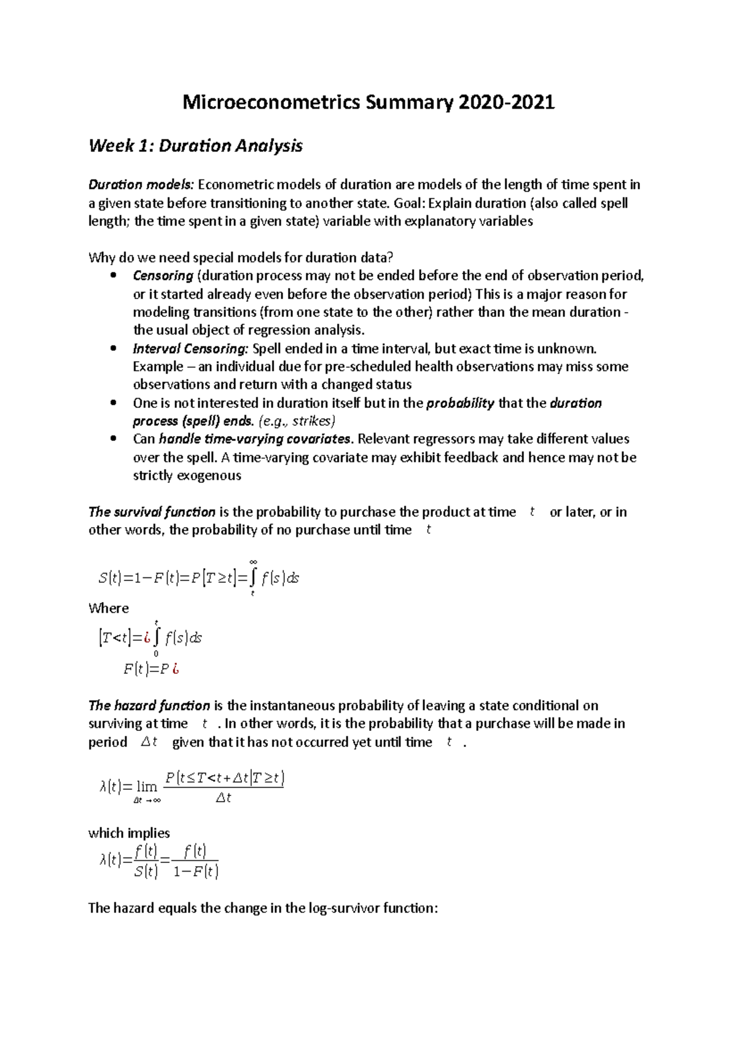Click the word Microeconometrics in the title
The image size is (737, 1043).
point(271,102)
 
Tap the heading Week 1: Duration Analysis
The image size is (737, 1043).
point(195,146)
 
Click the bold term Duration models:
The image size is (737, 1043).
point(141,185)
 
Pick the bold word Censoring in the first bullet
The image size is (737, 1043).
point(163,276)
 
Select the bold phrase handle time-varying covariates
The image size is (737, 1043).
point(255,439)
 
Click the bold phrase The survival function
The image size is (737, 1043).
point(152,512)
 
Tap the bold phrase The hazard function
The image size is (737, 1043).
point(149,706)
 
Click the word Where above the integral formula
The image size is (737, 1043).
point(109,609)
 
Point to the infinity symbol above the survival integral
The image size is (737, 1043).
point(253,561)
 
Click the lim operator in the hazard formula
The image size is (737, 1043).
point(147,787)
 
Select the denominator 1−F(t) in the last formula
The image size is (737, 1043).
point(195,872)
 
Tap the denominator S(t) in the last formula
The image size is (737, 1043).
point(146,872)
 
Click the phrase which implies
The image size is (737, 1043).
point(129,834)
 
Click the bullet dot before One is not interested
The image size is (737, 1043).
point(112,404)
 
